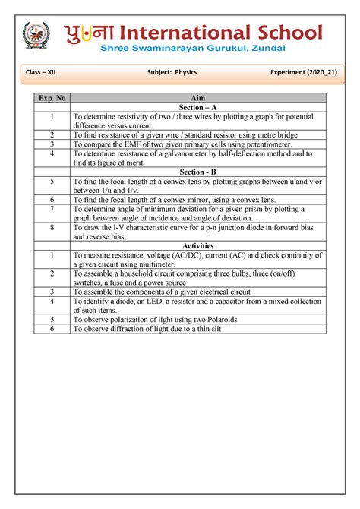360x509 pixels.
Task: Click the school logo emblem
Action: pos(36,37)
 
